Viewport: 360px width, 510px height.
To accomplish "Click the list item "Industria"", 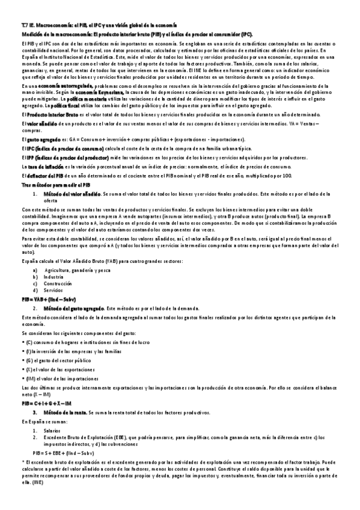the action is point(61,276).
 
